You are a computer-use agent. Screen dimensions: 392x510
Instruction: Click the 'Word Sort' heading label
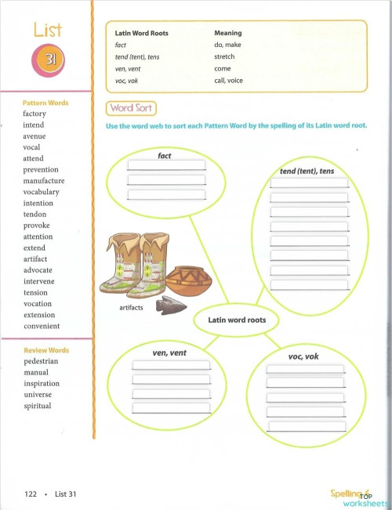(x=131, y=108)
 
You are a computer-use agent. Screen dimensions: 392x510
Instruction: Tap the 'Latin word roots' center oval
(x=237, y=320)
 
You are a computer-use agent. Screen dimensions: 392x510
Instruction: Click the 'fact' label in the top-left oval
(x=165, y=156)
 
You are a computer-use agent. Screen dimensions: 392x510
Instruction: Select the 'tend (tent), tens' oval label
(x=307, y=171)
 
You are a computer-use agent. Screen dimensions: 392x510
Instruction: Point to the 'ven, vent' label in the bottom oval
(x=169, y=353)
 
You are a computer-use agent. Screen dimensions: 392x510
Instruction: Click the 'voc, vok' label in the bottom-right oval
(x=303, y=357)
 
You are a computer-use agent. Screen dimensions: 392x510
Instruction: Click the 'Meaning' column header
(x=227, y=34)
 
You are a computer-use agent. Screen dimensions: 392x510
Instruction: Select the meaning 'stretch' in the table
(x=224, y=57)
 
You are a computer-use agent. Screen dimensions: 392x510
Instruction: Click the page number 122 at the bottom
(x=31, y=494)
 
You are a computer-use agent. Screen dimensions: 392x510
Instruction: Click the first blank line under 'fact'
(x=165, y=166)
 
